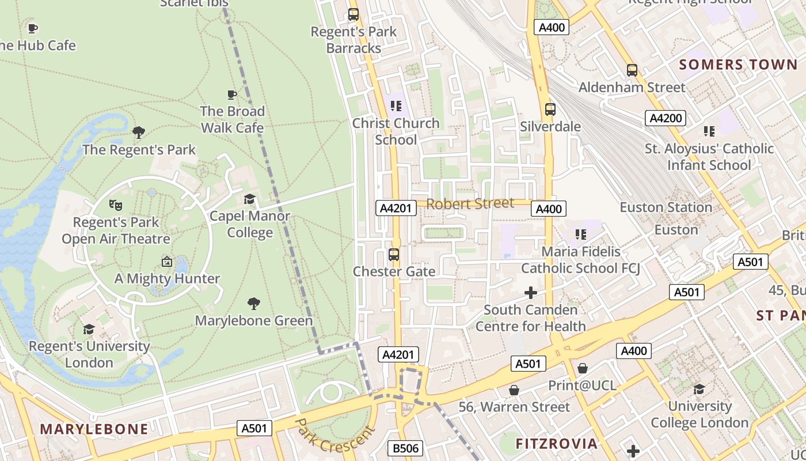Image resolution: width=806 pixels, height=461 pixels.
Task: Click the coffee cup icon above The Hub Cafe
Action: [x=33, y=28]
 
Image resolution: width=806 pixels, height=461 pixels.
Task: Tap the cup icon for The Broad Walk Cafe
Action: [x=231, y=95]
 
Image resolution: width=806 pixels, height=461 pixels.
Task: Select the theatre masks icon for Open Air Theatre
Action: [x=116, y=205]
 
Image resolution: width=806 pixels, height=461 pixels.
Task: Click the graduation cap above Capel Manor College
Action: [x=249, y=199]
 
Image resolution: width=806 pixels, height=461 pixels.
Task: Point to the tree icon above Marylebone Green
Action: [x=253, y=303]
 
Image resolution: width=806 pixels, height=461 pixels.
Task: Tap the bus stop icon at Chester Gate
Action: [x=394, y=254]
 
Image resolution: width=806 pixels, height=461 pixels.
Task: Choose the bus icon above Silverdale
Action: [x=550, y=109]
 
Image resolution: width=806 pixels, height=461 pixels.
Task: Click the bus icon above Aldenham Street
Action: [x=632, y=70]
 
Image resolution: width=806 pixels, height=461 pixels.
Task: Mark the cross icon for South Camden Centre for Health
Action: [x=530, y=293]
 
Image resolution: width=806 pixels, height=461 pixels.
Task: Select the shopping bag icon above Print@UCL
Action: [x=583, y=368]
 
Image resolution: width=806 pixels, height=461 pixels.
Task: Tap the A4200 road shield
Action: [x=666, y=118]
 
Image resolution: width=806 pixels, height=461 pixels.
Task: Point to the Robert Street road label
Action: [x=470, y=203]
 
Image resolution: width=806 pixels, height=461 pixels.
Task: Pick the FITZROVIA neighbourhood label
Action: [x=556, y=444]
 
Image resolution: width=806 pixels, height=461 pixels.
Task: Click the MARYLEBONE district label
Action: [x=94, y=429]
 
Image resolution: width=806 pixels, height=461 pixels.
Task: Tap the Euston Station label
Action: [x=666, y=207]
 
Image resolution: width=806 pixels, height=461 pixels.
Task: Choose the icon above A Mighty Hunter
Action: [x=166, y=262]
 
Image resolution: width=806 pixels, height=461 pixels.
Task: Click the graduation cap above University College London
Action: [x=699, y=389]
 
